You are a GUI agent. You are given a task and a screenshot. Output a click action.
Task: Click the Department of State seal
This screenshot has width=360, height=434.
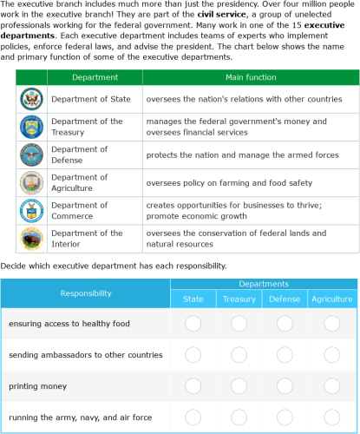click(x=30, y=99)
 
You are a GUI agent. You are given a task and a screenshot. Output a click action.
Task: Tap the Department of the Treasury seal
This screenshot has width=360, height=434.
click(x=30, y=127)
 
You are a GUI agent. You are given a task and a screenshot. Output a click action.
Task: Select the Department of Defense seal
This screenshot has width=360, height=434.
click(x=30, y=155)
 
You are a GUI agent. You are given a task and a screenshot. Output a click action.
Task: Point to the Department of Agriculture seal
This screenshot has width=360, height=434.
click(x=30, y=182)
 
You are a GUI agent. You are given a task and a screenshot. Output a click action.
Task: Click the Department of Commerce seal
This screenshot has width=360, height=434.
click(x=30, y=210)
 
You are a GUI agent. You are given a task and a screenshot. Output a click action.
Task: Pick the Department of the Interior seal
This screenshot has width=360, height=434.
click(x=30, y=238)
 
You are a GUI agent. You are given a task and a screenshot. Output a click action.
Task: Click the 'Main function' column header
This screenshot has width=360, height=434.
click(x=251, y=78)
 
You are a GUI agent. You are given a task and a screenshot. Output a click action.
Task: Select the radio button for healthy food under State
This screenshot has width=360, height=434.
click(x=193, y=324)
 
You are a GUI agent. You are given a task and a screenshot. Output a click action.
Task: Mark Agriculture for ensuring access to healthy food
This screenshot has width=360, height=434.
click(x=331, y=324)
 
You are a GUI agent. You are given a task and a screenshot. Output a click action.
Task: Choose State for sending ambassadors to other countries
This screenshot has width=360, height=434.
click(x=193, y=354)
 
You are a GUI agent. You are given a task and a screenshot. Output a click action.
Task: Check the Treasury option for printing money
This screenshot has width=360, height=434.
click(x=239, y=385)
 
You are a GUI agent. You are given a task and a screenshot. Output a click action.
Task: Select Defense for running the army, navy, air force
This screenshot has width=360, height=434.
click(x=285, y=417)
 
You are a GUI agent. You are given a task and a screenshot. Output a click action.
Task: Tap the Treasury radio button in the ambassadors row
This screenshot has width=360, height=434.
click(x=239, y=354)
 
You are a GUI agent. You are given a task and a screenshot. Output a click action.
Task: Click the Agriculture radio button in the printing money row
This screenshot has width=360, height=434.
click(x=331, y=385)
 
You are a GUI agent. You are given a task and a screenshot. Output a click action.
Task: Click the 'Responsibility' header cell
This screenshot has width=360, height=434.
click(x=85, y=293)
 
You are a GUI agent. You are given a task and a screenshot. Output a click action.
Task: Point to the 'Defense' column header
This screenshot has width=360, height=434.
click(x=285, y=299)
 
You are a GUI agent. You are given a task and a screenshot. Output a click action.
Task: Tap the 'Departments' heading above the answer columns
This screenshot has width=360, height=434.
click(x=263, y=285)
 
